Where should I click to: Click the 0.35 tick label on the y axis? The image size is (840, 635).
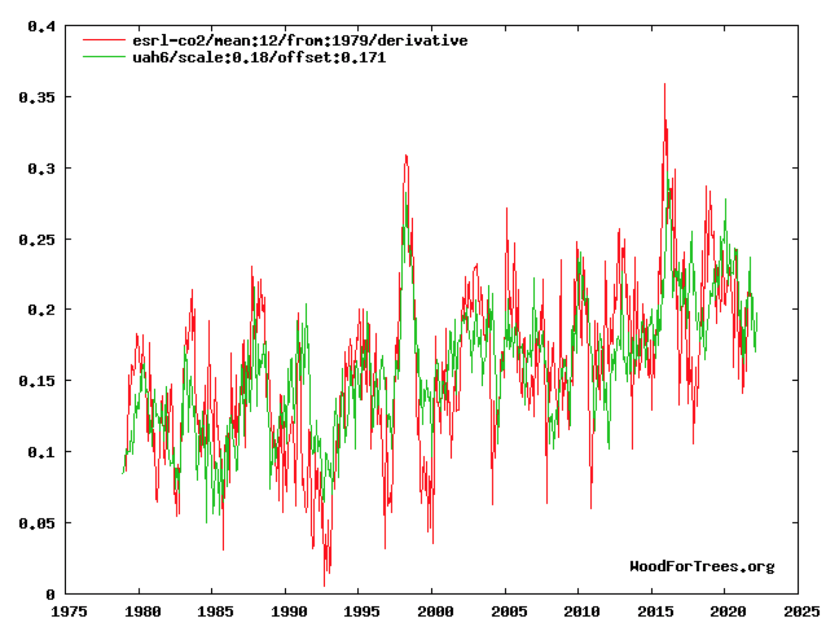coord(37,97)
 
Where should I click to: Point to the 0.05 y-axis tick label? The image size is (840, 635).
coord(37,523)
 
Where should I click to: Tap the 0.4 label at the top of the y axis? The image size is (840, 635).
coord(41,26)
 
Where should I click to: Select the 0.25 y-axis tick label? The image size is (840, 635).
coord(37,240)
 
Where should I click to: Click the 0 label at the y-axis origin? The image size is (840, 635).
coord(51,595)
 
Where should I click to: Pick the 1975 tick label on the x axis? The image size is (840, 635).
coord(69,612)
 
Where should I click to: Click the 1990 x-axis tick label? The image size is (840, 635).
coord(289,612)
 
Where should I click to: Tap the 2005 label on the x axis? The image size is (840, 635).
coord(509,612)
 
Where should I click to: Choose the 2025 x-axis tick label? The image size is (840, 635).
coord(802,612)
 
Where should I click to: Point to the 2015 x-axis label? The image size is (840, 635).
coord(655,612)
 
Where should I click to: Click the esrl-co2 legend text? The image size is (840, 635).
coord(300,40)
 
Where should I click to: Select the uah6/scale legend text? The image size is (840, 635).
coord(259,58)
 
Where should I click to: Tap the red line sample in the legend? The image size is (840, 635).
coord(104,40)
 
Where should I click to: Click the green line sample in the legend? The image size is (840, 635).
coord(104,57)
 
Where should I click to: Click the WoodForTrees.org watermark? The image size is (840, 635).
coord(702,567)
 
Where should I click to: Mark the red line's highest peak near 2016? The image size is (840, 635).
coord(665,84)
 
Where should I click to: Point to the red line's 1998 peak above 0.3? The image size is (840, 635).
coord(406,155)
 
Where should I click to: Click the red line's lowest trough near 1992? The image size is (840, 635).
coord(324,586)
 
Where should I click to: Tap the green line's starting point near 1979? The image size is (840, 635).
coord(122,474)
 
